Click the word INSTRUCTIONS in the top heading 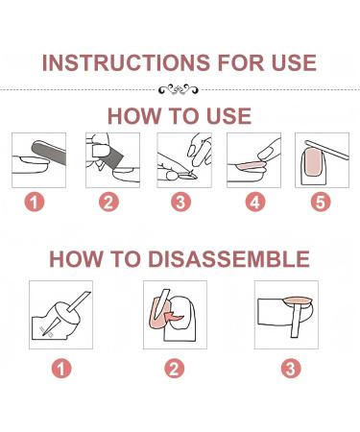pos(126,62)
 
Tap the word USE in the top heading pos(294,62)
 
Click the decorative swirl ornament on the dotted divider pos(179,89)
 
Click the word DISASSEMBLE pos(228,259)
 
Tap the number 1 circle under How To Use pos(35,202)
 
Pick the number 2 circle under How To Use pos(108,202)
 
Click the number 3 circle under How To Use pos(180,202)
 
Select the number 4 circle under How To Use pos(255,202)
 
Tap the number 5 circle pos(321,202)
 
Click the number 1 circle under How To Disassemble pos(61,369)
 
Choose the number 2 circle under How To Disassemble pos(175,369)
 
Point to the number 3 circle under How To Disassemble pos(291,369)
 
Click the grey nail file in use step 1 pos(49,153)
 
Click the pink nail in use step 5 pos(313,162)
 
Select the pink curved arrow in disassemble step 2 pos(173,315)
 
